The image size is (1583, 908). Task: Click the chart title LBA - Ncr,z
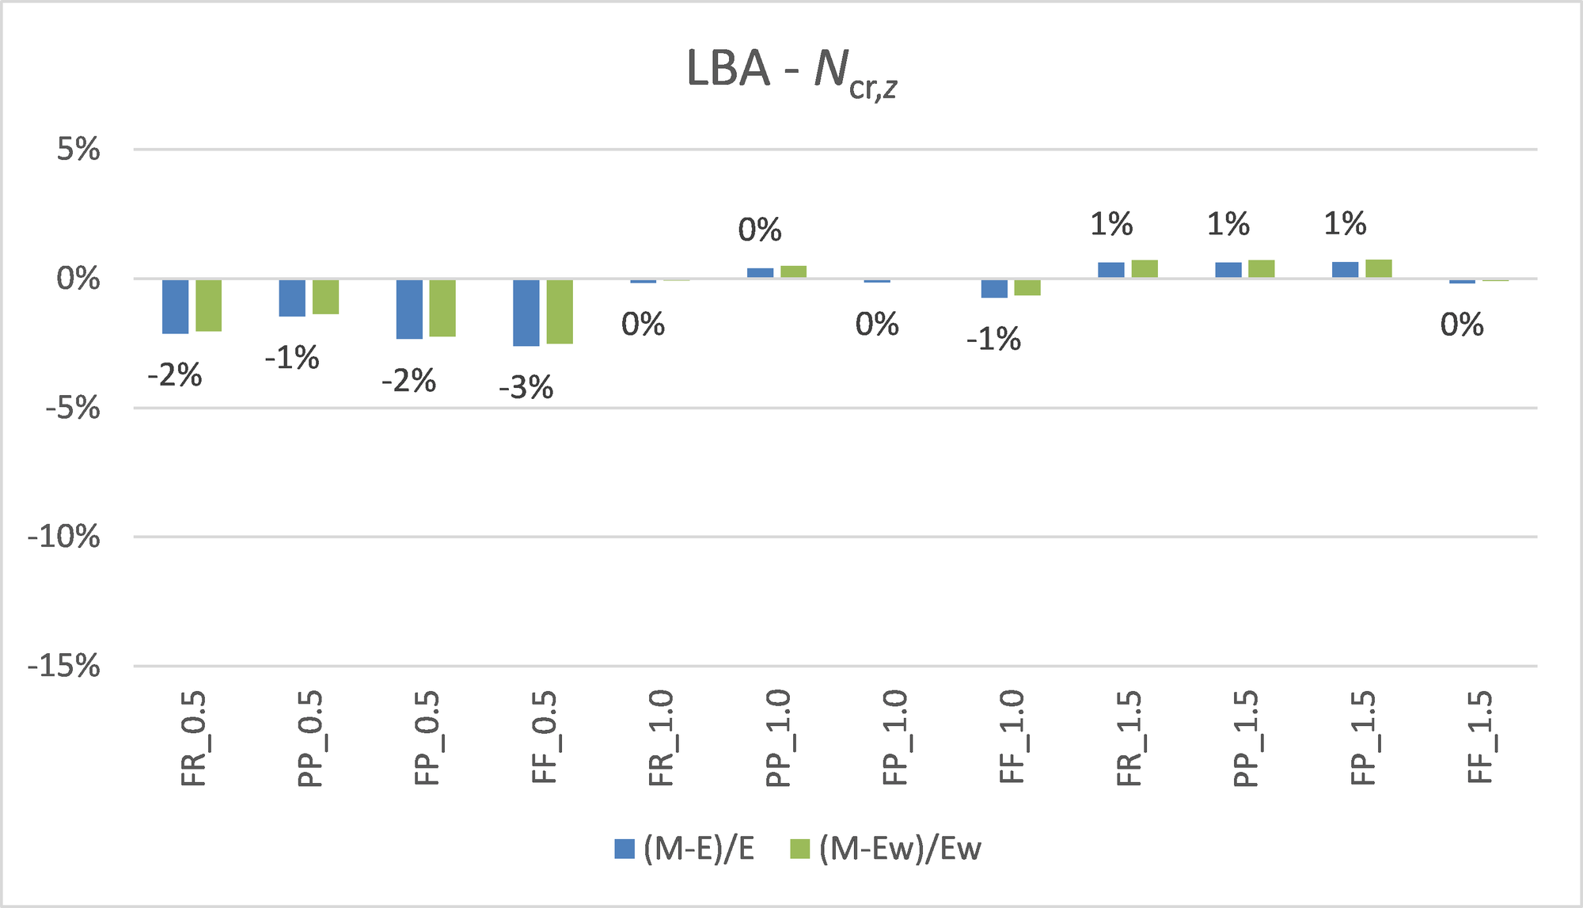tap(791, 71)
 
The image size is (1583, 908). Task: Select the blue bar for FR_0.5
tap(175, 306)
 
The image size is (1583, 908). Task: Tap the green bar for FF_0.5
tap(560, 311)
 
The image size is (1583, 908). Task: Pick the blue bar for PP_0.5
tap(292, 298)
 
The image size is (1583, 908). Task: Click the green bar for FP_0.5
tap(442, 308)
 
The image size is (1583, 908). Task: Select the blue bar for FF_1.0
tap(994, 288)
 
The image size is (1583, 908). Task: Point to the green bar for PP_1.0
tap(793, 272)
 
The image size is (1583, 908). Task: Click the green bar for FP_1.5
tap(1379, 268)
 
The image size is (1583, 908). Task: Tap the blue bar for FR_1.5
tap(1110, 270)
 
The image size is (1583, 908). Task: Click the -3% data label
tap(526, 388)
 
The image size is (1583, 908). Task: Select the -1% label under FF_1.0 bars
tap(994, 340)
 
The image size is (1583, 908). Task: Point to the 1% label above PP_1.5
tap(1228, 225)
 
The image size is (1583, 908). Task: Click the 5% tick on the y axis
tap(78, 149)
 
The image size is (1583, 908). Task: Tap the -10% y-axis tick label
tap(64, 538)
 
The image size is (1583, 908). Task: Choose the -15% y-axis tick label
tap(64, 667)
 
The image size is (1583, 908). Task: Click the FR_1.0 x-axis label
tap(661, 738)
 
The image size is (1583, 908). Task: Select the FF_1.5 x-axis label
tap(1479, 738)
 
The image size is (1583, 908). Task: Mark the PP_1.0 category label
tap(778, 738)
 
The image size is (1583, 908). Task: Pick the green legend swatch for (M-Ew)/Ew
tap(800, 849)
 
